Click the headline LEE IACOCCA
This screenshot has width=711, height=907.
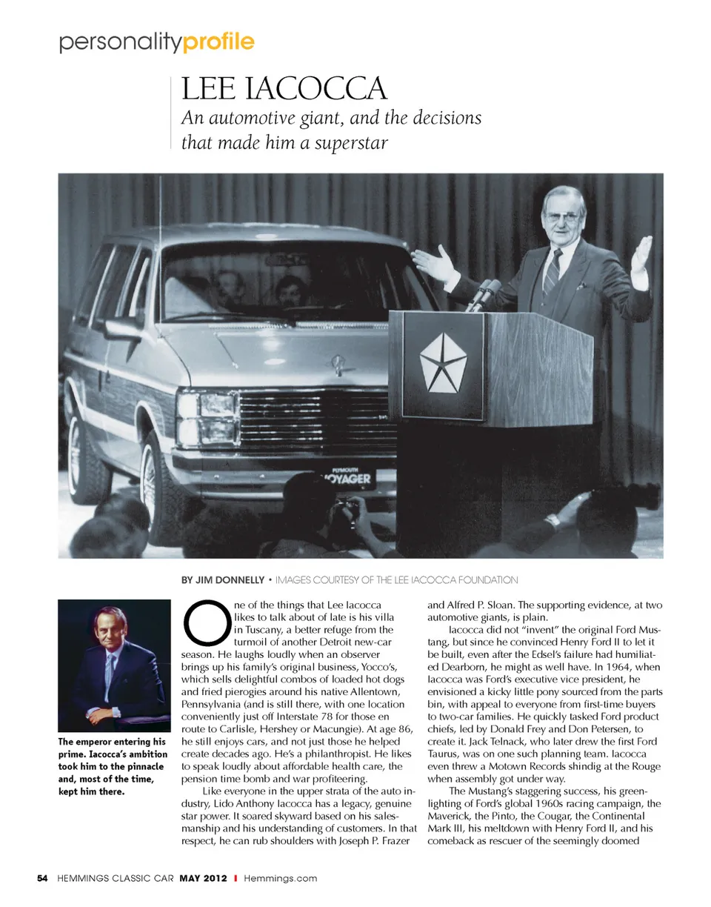pyautogui.click(x=284, y=90)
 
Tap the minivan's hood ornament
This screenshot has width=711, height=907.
pyautogui.click(x=339, y=363)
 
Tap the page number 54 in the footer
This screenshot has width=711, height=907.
pyautogui.click(x=42, y=878)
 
